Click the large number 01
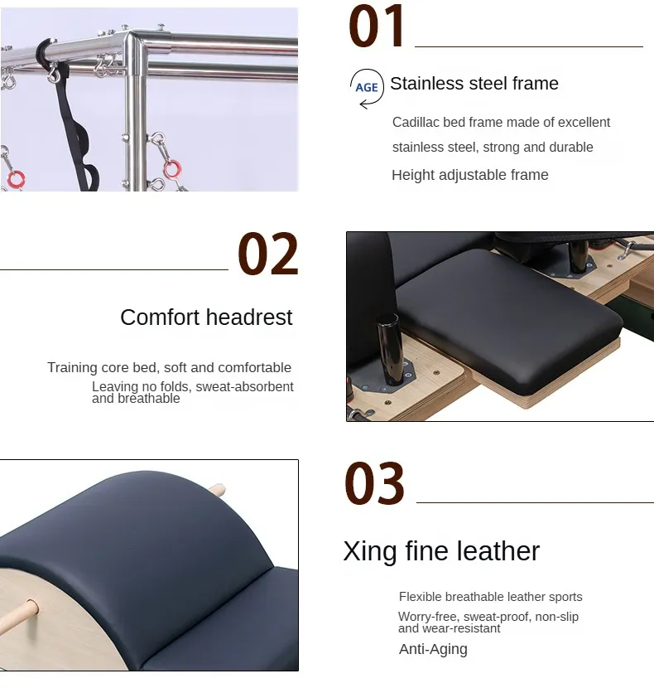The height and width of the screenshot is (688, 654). pos(377,27)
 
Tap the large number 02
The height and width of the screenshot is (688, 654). pos(268,254)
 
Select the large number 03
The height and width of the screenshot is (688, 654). pos(374,484)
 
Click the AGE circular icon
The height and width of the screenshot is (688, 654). pos(366,87)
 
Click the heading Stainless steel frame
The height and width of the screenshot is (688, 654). pos(474,84)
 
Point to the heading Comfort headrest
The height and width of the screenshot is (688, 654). pos(206,317)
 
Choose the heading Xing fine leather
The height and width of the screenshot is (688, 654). pos(441,551)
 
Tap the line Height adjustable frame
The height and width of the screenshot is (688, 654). pos(469,175)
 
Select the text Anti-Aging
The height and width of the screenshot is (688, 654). pos(433,649)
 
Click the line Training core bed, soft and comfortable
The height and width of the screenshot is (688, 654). pos(169,367)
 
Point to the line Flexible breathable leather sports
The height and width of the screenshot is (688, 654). pos(490,597)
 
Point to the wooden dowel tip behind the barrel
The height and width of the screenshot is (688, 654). pos(219,489)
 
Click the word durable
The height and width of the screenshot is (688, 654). pos(570,148)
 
